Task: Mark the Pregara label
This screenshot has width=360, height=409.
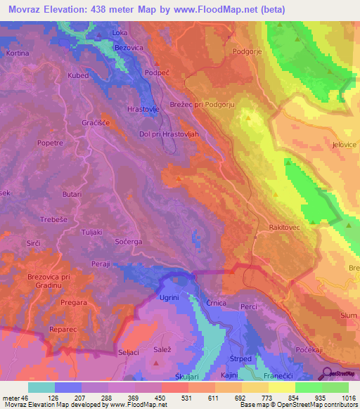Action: (75, 302)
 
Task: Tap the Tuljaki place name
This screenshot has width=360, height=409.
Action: (92, 233)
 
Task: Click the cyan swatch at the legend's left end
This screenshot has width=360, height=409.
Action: (41, 387)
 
